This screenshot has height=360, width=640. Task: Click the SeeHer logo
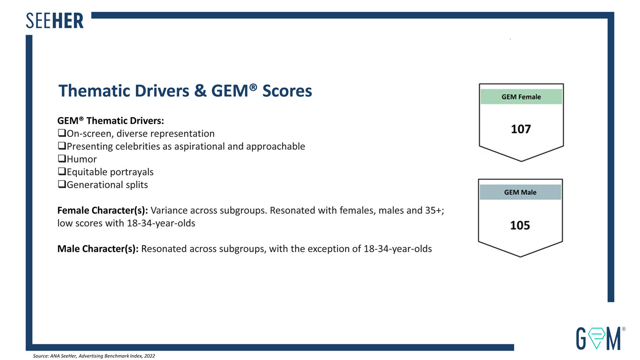[x=55, y=21]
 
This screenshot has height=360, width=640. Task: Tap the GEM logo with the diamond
[x=598, y=337]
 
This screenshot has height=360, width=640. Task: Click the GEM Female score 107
[x=521, y=130]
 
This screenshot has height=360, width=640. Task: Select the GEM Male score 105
[x=520, y=226]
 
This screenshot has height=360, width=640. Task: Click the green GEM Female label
[x=521, y=97]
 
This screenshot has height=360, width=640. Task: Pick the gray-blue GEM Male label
[x=520, y=192]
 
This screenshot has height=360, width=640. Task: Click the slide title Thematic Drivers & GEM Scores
[x=185, y=91]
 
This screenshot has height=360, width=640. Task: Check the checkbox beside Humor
[x=62, y=159]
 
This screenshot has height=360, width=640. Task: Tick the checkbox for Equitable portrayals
[x=62, y=172]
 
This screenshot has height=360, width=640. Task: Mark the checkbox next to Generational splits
[x=62, y=185]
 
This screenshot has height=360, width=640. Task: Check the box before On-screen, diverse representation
[x=62, y=133]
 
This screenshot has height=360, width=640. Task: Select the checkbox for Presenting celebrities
[x=62, y=146]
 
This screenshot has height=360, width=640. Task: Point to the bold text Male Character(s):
[x=98, y=249]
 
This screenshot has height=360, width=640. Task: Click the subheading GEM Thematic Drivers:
[x=111, y=121]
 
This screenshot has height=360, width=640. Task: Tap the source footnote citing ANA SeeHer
[x=94, y=356]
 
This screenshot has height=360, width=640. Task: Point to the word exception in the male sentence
[x=331, y=249]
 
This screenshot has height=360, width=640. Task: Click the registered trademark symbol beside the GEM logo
[x=624, y=328]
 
